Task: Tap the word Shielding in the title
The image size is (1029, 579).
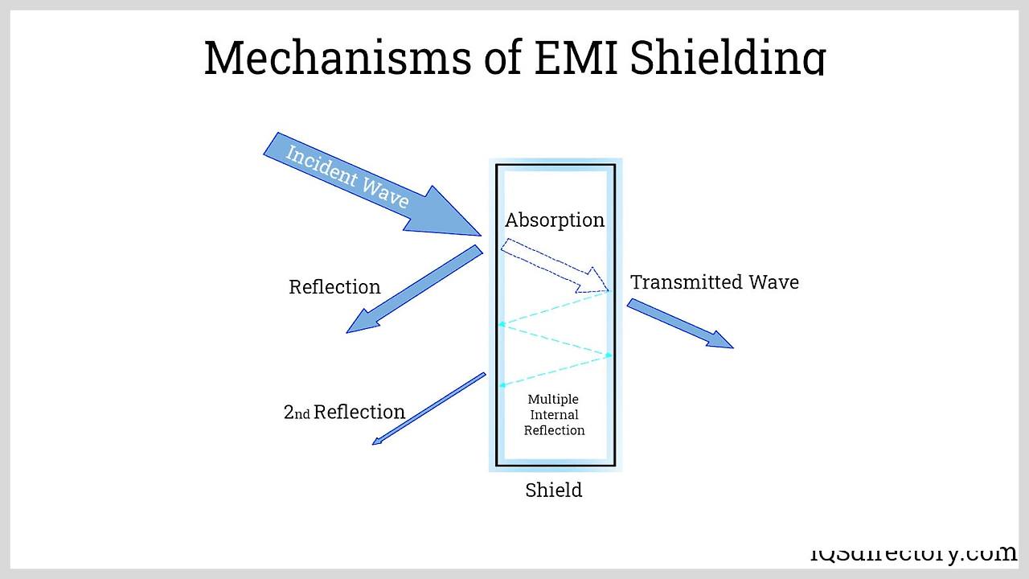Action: point(728,58)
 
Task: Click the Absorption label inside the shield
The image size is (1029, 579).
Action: point(554,220)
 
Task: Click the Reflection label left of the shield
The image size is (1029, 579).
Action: point(334,287)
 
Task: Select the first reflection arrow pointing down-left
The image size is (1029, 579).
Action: point(414,289)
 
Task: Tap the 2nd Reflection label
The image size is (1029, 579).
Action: point(344,413)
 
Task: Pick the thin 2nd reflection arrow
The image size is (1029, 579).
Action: point(428,409)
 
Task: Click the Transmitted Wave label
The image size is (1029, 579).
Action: point(714,282)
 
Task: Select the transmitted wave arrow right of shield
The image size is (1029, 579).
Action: point(679,323)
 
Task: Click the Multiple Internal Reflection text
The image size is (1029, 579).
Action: point(554,414)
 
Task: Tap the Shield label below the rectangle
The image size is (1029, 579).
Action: point(553,490)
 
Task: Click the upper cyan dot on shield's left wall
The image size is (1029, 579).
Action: point(501,324)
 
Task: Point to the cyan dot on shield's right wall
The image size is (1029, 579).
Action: point(609,355)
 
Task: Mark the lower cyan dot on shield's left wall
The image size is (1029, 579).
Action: point(501,386)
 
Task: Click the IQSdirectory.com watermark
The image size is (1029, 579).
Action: point(912,553)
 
